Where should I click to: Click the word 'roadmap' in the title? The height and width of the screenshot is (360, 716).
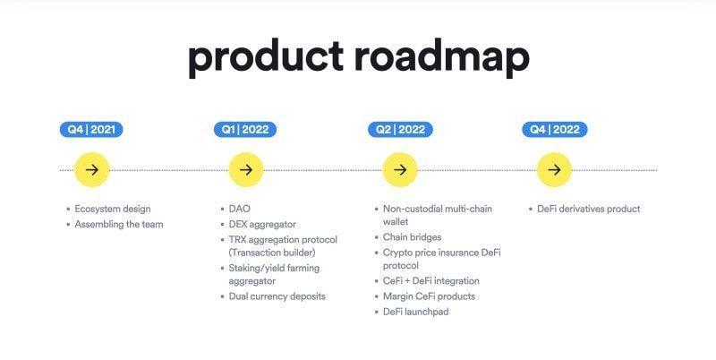(441, 56)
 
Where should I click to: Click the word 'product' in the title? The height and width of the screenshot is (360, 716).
(265, 56)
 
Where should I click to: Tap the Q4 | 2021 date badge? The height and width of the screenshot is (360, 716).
(91, 130)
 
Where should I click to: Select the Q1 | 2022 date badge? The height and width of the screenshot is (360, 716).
(245, 130)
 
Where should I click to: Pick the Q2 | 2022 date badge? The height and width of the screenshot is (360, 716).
(400, 130)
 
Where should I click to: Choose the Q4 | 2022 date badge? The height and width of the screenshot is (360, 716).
(555, 130)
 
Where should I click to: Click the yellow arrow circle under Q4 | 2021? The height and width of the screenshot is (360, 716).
(91, 169)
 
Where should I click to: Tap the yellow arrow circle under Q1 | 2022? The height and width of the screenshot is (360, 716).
(245, 169)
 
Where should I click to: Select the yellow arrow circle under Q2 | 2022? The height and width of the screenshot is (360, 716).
(400, 169)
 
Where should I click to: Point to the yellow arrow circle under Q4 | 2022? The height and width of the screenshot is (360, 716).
(554, 169)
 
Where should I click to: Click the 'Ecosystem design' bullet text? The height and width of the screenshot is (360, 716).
(113, 209)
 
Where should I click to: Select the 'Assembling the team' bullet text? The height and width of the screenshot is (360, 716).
(119, 224)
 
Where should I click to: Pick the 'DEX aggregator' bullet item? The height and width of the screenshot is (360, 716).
(262, 224)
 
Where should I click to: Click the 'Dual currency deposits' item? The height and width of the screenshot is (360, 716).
(277, 296)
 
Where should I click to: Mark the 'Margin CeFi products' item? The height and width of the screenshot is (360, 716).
(429, 296)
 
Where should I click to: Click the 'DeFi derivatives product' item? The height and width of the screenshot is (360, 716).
(588, 209)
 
